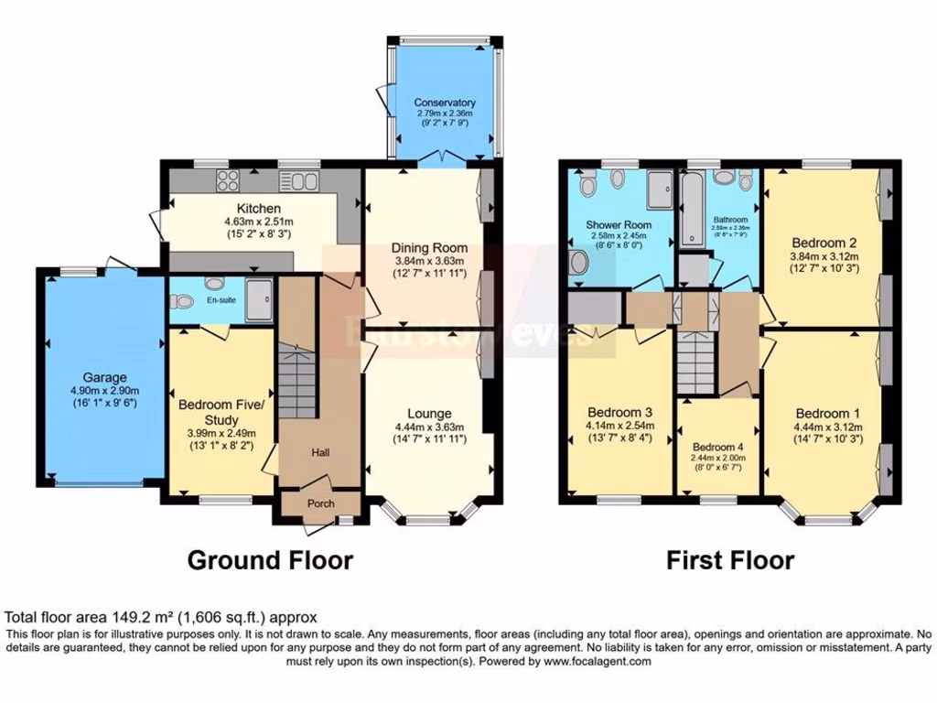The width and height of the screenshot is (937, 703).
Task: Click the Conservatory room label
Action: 444,103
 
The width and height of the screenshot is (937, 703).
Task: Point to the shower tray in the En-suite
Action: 261,300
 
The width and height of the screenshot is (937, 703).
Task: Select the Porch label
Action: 319,503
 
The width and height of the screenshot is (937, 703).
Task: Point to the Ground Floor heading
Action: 270,559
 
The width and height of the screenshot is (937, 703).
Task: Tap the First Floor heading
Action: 730,559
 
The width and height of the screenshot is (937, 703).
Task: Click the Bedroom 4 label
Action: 717,448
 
